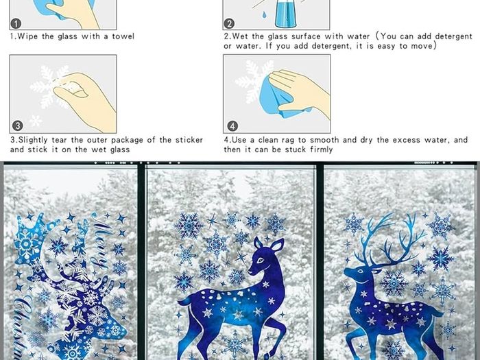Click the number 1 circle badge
tap(16, 23)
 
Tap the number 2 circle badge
tap(229, 23)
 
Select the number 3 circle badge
tap(18, 125)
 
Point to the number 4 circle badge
tap(232, 125)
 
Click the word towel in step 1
tap(123, 36)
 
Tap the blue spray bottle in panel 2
tap(285, 14)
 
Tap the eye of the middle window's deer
tap(260, 261)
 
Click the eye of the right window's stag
tap(360, 272)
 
